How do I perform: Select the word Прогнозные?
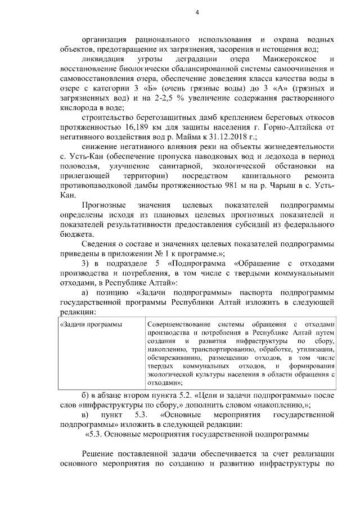(x=103, y=205)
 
